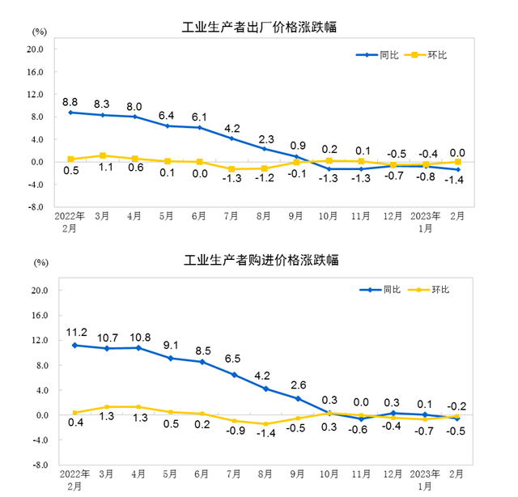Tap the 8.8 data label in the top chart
(70, 102)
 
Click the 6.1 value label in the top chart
(198, 117)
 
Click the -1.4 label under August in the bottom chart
(265, 434)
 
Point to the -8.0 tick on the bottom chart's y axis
(35, 465)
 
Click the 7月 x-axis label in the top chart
(231, 217)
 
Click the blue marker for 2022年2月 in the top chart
(71, 113)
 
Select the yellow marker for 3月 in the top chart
(103, 155)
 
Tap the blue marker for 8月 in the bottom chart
(265, 389)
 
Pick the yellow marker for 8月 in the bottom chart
(265, 424)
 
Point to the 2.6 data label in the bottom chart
(298, 384)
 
